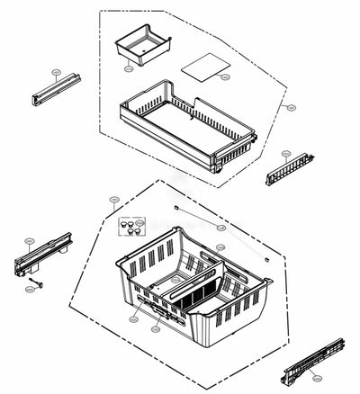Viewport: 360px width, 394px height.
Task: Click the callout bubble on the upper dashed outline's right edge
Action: tap(292, 106)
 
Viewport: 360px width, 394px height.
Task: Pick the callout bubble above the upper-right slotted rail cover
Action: tap(286, 153)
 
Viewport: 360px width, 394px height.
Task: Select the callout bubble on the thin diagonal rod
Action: tap(221, 228)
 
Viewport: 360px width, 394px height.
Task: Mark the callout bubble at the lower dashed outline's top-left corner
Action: tap(114, 199)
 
